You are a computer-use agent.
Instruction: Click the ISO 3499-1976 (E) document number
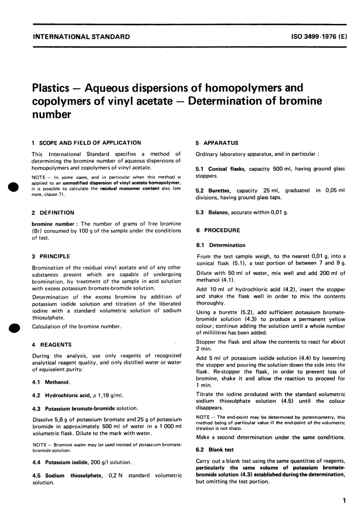319,37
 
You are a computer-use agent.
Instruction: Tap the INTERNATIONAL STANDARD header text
81,37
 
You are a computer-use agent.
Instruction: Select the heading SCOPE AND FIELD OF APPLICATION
90,143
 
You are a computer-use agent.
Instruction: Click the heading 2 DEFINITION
53,213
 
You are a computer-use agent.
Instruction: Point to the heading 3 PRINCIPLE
51,256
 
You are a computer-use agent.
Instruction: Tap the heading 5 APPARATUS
217,143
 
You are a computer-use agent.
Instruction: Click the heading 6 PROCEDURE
218,230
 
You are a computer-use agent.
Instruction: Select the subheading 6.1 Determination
221,245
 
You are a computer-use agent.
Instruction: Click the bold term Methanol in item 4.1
57,382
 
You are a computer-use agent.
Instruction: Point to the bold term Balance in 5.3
218,212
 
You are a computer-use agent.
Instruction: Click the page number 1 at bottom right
344,500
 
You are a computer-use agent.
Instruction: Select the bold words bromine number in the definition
53,224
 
